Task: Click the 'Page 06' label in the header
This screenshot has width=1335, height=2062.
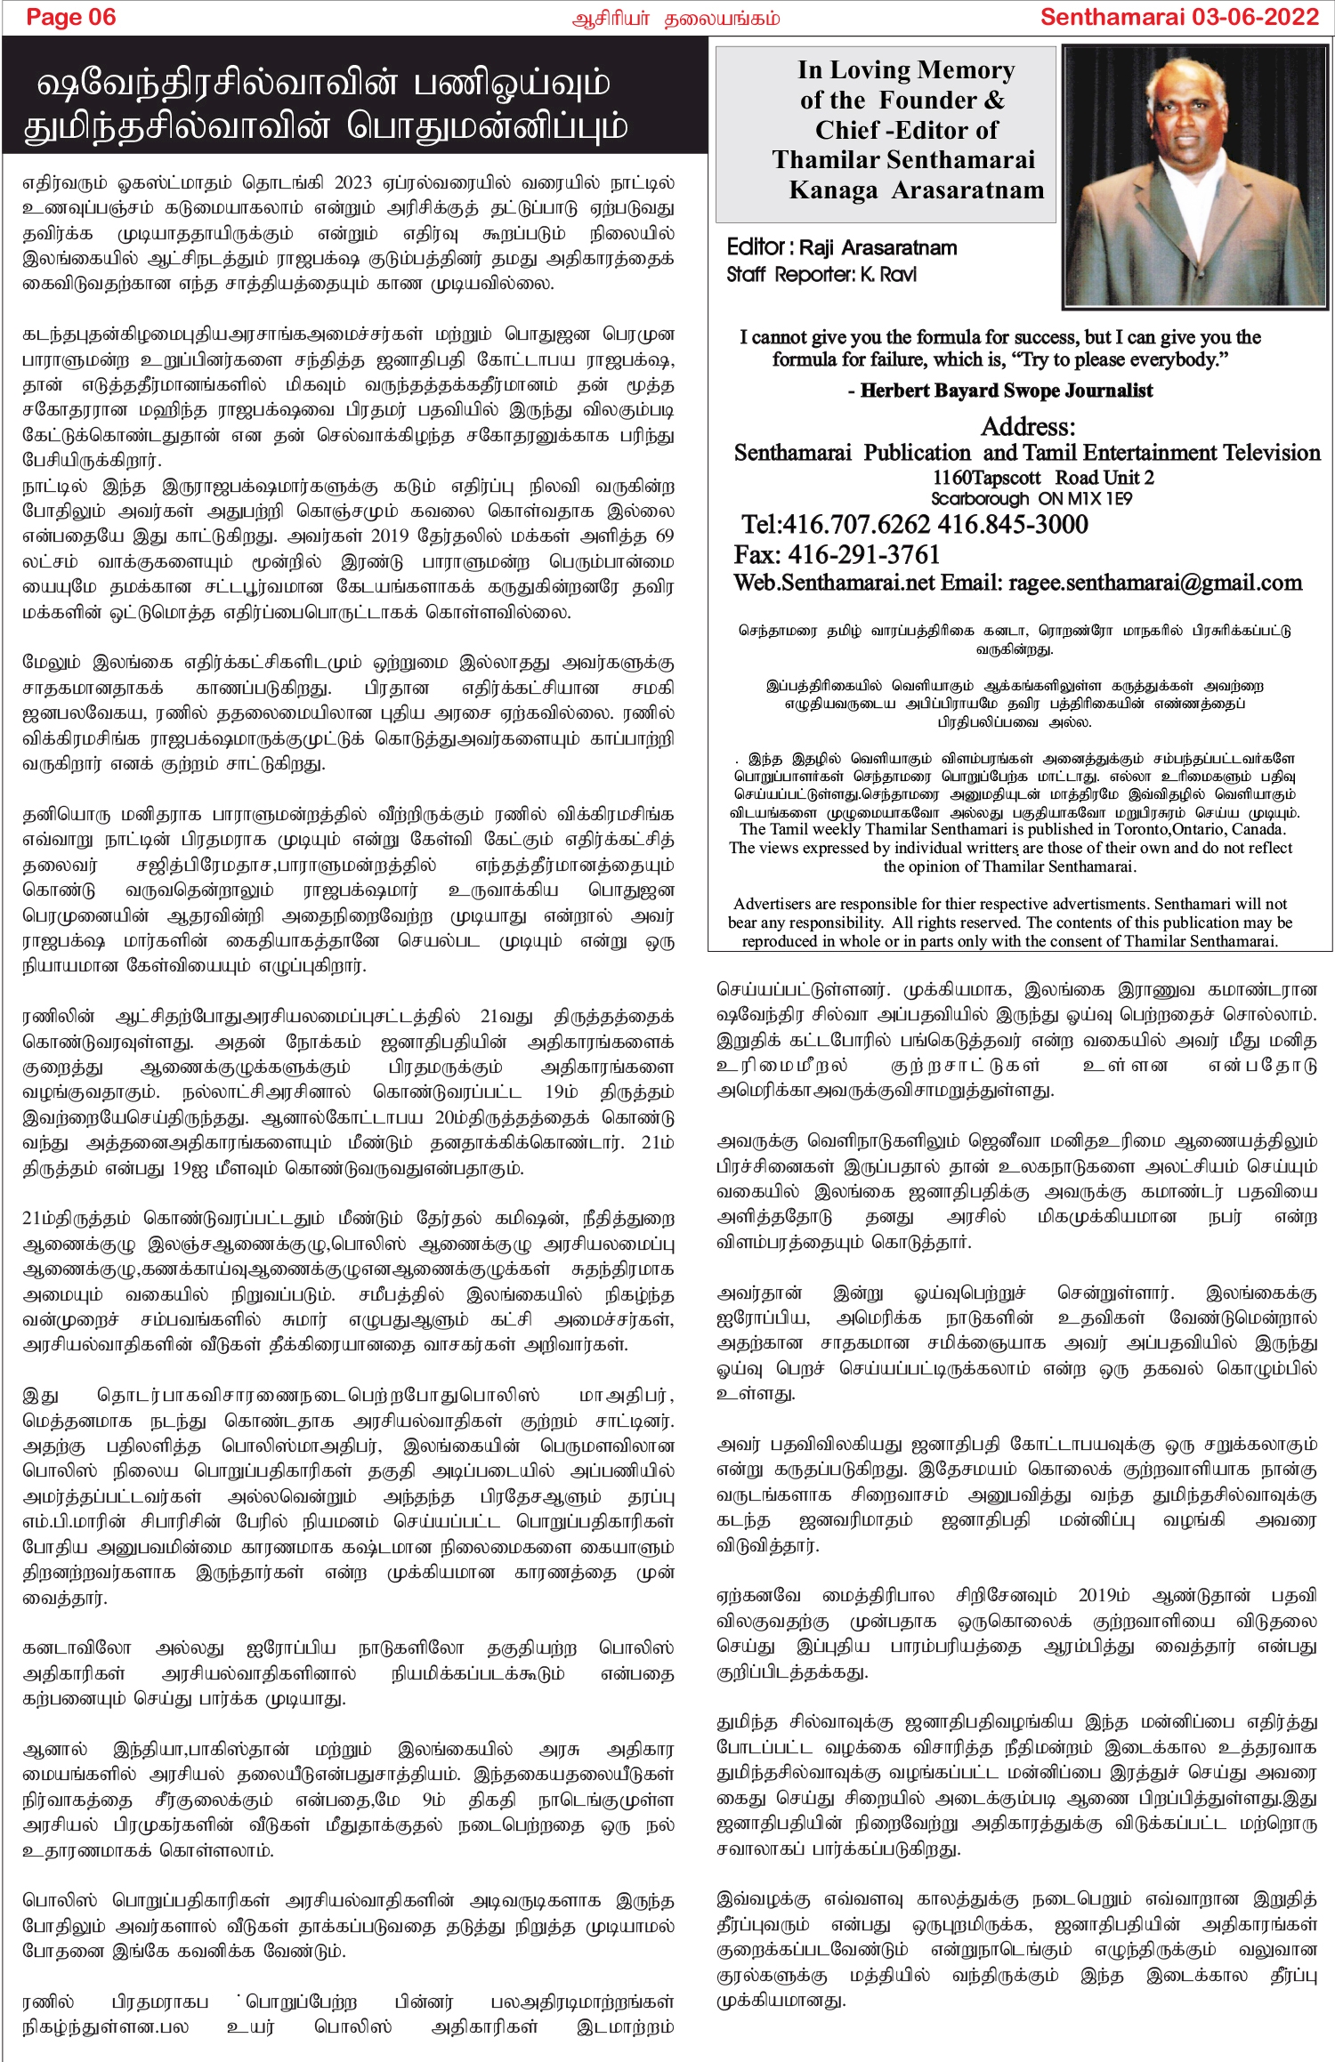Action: click(71, 18)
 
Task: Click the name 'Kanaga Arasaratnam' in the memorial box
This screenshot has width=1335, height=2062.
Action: click(916, 190)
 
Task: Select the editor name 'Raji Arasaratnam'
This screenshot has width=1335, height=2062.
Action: click(878, 248)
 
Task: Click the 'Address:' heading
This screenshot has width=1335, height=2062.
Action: click(1027, 426)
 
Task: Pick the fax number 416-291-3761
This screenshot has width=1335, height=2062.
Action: click(864, 555)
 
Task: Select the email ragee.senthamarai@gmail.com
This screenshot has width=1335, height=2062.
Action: click(1154, 584)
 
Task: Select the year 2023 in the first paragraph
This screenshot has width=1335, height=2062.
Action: click(352, 183)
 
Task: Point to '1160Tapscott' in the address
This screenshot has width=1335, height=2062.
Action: click(986, 478)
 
